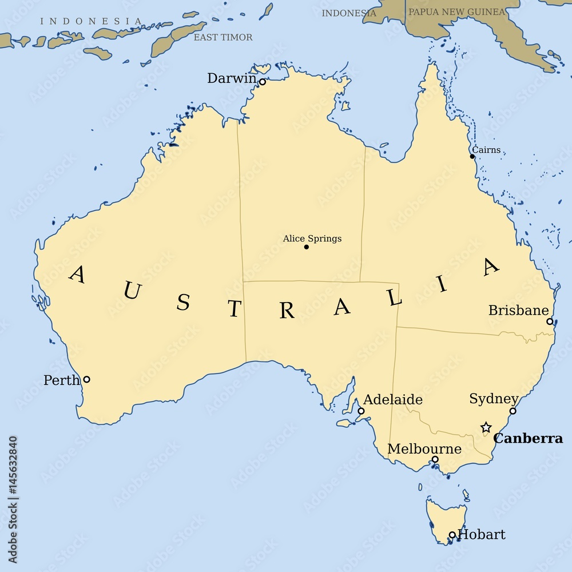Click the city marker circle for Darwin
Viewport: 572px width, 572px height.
[263, 82]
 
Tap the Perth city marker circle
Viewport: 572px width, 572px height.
[86, 379]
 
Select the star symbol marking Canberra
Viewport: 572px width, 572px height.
[486, 427]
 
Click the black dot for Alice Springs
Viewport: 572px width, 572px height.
[306, 247]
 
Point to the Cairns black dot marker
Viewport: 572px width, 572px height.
[472, 156]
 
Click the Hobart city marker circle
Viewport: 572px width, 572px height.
[452, 535]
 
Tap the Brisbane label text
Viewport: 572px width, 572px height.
[518, 310]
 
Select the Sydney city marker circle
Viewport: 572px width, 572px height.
[513, 411]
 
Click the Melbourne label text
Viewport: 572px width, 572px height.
[424, 449]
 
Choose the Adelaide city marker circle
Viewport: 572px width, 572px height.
[361, 411]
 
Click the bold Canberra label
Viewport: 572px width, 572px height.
[528, 439]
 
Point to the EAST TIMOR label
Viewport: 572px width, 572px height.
[223, 37]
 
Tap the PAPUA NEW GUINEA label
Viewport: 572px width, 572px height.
[456, 11]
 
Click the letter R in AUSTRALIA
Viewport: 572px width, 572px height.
[287, 311]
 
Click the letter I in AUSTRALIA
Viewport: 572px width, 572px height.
[442, 284]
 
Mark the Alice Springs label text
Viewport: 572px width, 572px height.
[312, 239]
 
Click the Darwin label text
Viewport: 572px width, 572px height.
[232, 78]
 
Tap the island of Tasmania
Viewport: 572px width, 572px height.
[445, 518]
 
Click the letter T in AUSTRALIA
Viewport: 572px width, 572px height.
[235, 309]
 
